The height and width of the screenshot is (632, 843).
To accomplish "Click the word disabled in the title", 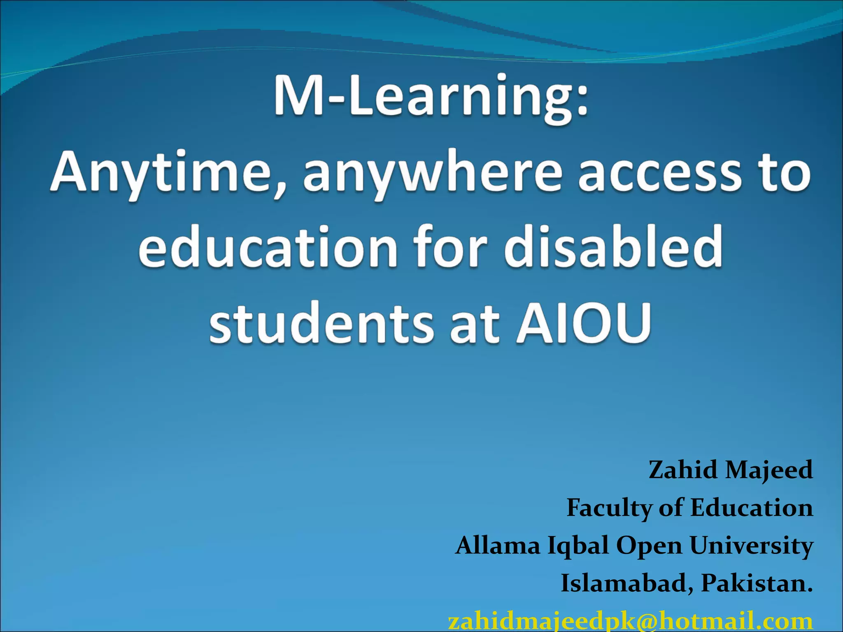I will (613, 247).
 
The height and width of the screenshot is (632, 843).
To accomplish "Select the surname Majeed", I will (769, 470).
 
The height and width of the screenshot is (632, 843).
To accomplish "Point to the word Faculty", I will (609, 508).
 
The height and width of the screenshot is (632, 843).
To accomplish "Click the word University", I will (751, 546).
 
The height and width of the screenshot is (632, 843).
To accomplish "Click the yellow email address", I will (630, 621).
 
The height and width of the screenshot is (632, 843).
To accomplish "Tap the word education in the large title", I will (268, 247).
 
